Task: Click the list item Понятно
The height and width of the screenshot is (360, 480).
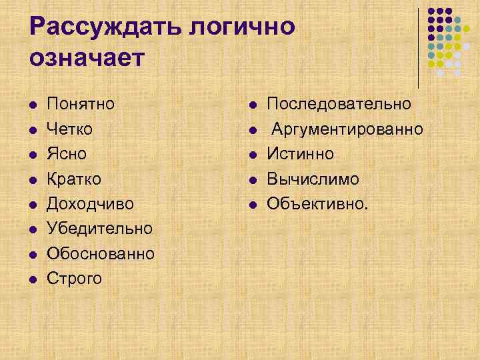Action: pyautogui.click(x=81, y=104)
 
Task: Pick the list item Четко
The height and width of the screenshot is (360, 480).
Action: pyautogui.click(x=69, y=129)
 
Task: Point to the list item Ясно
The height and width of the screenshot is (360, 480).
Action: pyautogui.click(x=67, y=153)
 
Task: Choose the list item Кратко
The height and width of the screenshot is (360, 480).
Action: pyautogui.click(x=74, y=179)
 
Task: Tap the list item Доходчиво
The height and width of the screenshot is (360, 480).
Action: pyautogui.click(x=90, y=203)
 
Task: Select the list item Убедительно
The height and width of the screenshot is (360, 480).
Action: pyautogui.click(x=99, y=228)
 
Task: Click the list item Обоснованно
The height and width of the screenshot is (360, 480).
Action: pyautogui.click(x=101, y=253)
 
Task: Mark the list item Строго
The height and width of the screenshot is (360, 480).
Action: pyautogui.click(x=74, y=278)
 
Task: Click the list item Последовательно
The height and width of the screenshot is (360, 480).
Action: pyautogui.click(x=339, y=104)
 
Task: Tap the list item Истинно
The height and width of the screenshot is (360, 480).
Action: pyautogui.click(x=300, y=153)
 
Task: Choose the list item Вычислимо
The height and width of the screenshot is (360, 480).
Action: pyautogui.click(x=313, y=179)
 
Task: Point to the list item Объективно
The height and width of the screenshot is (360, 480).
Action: pyautogui.click(x=317, y=203)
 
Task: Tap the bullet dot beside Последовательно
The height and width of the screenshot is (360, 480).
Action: pyautogui.click(x=253, y=105)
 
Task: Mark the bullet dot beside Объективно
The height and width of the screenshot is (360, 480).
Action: pyautogui.click(x=253, y=204)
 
